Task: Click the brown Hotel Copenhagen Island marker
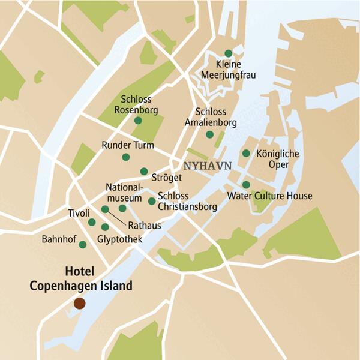click(79, 304)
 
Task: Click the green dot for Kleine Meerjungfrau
click(228, 53)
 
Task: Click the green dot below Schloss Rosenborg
click(138, 121)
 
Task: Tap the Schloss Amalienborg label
click(216, 117)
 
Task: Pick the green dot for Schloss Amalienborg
click(209, 134)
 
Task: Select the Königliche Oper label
click(277, 159)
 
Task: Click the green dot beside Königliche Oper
click(246, 154)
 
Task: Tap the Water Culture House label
click(270, 196)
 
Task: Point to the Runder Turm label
click(128, 145)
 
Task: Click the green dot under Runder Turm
click(125, 157)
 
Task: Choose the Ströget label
click(167, 178)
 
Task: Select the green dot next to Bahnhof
click(82, 244)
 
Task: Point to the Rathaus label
click(145, 226)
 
